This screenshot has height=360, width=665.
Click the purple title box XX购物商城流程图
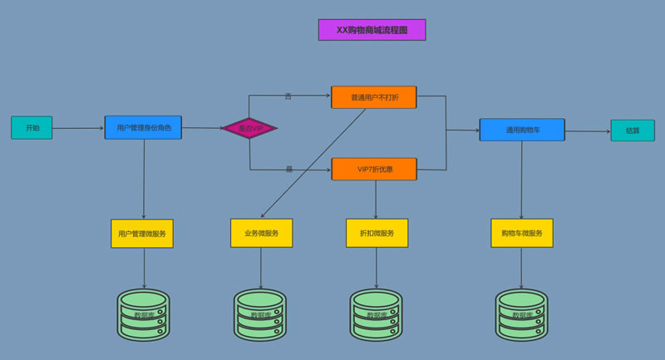click(x=372, y=30)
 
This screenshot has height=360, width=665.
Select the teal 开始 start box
click(x=32, y=128)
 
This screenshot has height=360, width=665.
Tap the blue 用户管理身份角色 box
click(x=143, y=127)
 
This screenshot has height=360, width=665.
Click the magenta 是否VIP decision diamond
click(x=249, y=128)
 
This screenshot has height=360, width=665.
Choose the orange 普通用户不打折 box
click(x=373, y=97)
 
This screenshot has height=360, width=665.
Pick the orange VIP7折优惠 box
click(x=374, y=169)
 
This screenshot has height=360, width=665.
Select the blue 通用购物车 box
click(x=522, y=130)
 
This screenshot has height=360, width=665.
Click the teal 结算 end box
click(x=633, y=131)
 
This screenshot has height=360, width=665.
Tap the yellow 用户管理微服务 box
click(x=142, y=234)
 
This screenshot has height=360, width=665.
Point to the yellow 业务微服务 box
click(x=261, y=233)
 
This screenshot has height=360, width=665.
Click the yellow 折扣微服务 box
click(x=377, y=233)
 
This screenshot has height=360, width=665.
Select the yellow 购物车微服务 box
click(x=521, y=233)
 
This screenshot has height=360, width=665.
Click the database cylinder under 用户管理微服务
click(x=143, y=315)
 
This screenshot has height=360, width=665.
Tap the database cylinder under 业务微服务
click(x=259, y=315)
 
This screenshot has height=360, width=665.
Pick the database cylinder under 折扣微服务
click(x=376, y=315)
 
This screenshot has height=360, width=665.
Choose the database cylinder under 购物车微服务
click(x=521, y=315)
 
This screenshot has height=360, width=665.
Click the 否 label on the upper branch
click(x=288, y=96)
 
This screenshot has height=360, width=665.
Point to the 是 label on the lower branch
click(x=289, y=169)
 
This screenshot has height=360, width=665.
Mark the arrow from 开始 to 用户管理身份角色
click(x=78, y=128)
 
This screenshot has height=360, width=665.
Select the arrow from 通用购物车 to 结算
click(x=588, y=131)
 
